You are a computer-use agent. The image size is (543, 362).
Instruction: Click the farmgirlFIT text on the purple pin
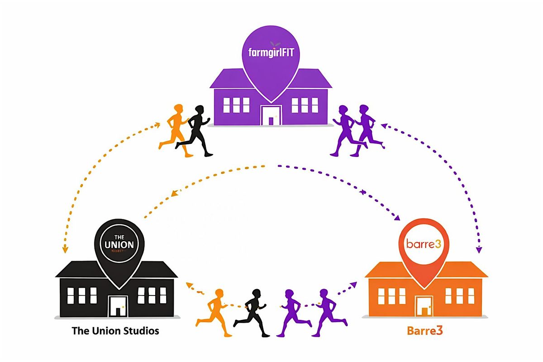(x=271, y=52)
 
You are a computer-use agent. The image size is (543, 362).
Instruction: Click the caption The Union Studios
(x=115, y=331)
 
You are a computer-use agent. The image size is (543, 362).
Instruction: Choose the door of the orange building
(x=424, y=306)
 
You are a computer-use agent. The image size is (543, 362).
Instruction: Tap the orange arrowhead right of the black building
(x=189, y=285)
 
